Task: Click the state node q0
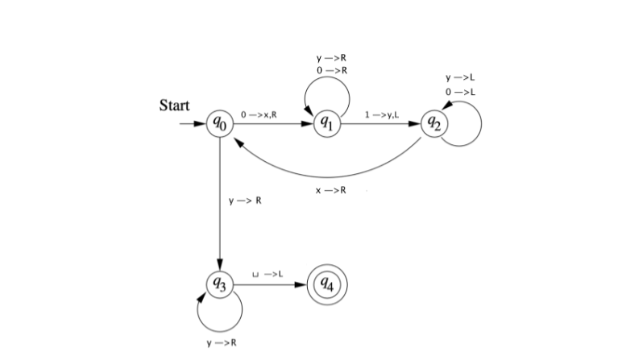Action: pos(220,124)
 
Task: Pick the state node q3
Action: pos(220,284)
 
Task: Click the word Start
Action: pos(175,106)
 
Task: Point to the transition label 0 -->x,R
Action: pos(259,116)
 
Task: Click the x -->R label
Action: pos(330,190)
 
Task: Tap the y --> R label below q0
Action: pos(246,201)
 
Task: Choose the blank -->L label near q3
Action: pos(266,275)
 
